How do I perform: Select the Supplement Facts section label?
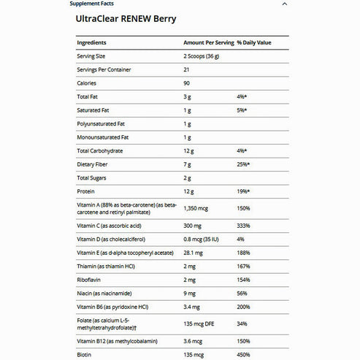[x=93, y=4]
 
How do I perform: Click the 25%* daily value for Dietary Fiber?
[x=243, y=164]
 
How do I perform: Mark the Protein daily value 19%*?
[x=243, y=191]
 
